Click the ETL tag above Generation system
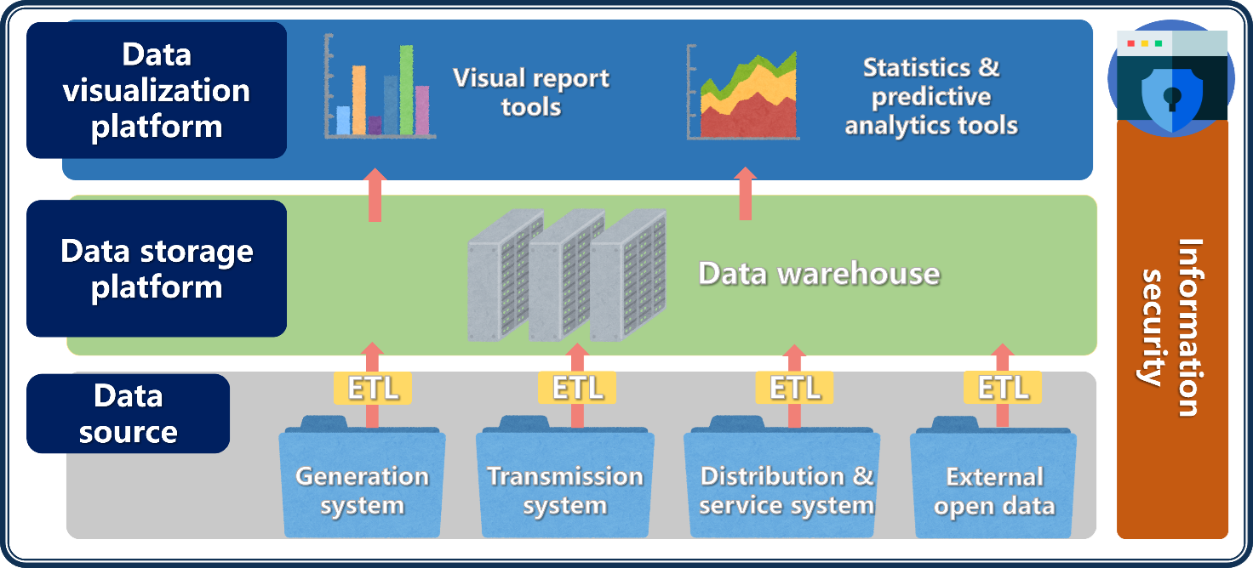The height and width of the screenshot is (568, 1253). [373, 388]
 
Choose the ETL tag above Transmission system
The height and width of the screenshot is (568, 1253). [577, 388]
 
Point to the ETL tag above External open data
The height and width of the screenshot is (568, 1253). [1003, 388]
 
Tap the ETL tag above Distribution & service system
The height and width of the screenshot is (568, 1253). [794, 388]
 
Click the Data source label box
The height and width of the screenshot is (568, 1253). [129, 413]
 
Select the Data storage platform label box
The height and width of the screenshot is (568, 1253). [157, 269]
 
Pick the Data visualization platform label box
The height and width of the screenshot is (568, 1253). [157, 90]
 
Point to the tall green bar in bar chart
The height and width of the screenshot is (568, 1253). [407, 90]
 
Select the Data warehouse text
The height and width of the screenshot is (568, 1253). [819, 274]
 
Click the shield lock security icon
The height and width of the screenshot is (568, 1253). [1172, 85]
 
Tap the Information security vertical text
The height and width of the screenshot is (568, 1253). [1172, 327]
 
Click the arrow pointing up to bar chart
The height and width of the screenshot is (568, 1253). [375, 196]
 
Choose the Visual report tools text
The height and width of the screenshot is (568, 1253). [531, 92]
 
